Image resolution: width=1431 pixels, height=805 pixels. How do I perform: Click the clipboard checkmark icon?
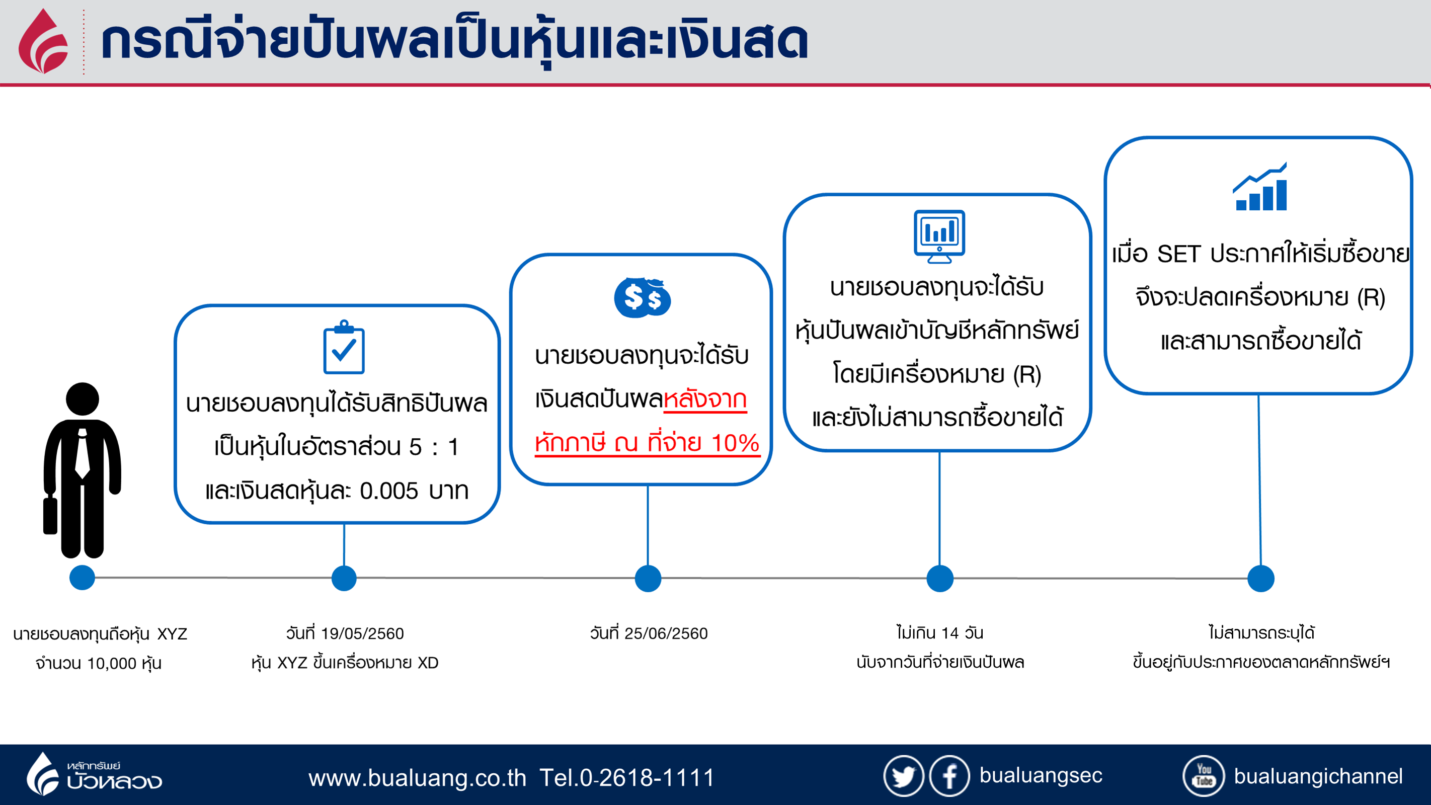coord(344,348)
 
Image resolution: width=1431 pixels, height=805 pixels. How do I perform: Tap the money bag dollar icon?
coord(642,298)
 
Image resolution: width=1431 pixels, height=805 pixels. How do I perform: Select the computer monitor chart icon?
coord(939,235)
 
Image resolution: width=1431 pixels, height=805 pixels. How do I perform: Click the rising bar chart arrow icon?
coord(1260,187)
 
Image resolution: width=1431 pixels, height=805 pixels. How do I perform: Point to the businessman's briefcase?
coord(50,516)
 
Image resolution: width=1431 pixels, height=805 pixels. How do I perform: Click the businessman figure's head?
coord(82,398)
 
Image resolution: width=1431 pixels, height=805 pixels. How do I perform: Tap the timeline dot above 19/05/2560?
coord(344,578)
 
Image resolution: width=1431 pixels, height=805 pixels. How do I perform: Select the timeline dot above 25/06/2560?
coord(648,578)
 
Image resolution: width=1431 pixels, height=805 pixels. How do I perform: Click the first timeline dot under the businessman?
coord(82,577)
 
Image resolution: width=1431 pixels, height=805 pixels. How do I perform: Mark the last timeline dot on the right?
coord(1260,578)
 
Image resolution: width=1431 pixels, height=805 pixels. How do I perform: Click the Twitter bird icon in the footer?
coord(903,776)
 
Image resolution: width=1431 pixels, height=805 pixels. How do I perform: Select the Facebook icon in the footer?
coord(949,776)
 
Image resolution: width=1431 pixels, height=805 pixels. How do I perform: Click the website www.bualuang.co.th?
coord(417,777)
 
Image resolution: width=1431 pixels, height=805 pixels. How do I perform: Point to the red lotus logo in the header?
coord(43,42)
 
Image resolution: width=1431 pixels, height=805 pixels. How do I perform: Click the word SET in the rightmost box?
coord(1178,254)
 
